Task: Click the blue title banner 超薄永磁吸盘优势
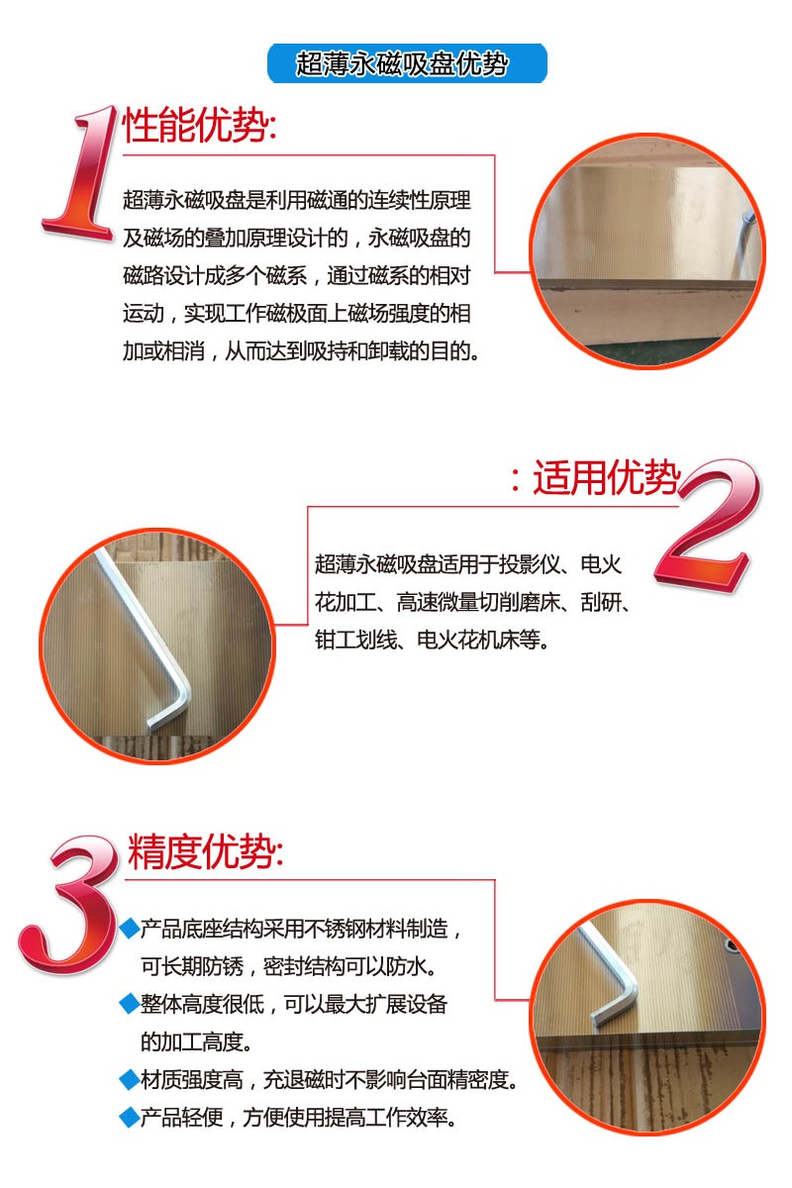407,63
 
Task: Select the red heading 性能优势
199,125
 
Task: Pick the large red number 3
69,905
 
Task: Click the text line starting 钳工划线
433,641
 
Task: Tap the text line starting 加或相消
301,351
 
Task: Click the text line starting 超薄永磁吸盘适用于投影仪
468,564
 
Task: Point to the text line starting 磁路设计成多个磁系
297,276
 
